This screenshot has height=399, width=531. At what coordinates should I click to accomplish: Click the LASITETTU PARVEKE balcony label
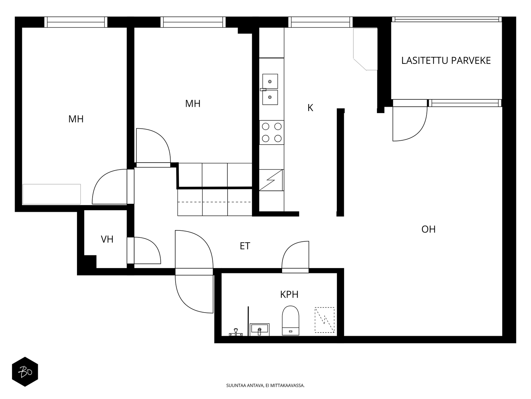(x=446, y=61)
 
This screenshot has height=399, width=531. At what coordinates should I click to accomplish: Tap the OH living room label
(x=428, y=229)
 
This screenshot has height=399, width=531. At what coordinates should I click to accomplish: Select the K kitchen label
(x=310, y=108)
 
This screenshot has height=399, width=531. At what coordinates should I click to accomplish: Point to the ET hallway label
(x=245, y=246)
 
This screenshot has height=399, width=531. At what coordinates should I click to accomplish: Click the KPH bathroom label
(x=289, y=295)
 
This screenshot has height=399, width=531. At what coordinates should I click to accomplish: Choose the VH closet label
(x=107, y=239)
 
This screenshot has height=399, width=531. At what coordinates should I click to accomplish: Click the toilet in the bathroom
(x=290, y=321)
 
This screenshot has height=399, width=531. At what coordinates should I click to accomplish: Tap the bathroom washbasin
(x=259, y=330)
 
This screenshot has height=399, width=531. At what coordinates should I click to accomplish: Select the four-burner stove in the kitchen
(x=272, y=133)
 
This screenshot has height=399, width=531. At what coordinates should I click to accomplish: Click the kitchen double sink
(x=270, y=89)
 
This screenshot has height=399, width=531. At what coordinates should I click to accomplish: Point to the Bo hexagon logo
(x=25, y=372)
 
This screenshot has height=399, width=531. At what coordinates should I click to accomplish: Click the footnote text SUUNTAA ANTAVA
(x=245, y=385)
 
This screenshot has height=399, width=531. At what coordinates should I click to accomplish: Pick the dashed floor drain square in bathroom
(x=324, y=320)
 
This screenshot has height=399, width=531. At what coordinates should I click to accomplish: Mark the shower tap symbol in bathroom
(x=236, y=332)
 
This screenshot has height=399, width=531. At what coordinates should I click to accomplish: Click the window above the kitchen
(x=320, y=22)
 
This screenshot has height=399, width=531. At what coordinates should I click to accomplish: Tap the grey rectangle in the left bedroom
(x=51, y=194)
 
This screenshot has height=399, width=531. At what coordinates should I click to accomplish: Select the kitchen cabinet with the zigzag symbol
(x=271, y=180)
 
